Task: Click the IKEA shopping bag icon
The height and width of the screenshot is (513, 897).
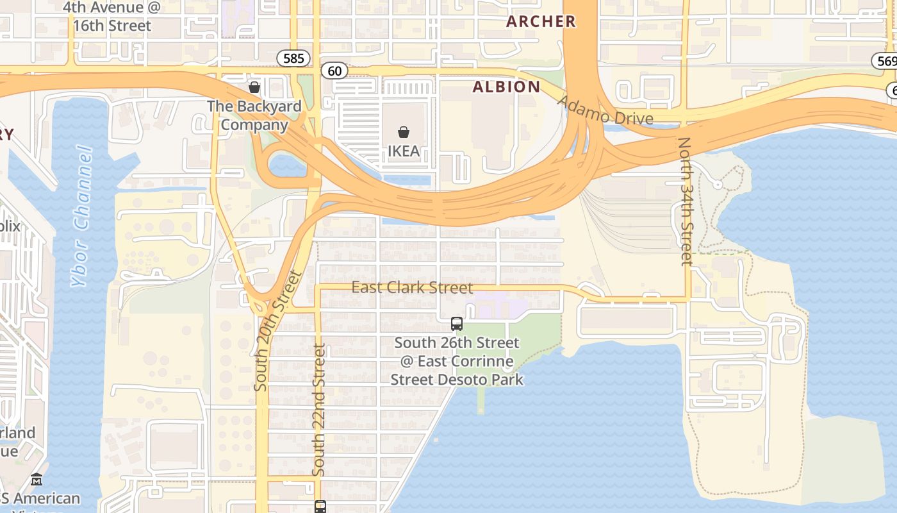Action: tap(404, 132)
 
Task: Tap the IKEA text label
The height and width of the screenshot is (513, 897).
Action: tap(404, 151)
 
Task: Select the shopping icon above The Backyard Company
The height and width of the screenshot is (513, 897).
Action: tap(254, 87)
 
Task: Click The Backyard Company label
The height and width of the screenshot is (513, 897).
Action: tap(254, 115)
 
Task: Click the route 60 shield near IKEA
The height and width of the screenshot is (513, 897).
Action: tap(334, 71)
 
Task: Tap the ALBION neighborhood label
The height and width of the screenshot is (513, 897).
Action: tap(506, 87)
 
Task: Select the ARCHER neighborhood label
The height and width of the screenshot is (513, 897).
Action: tap(541, 22)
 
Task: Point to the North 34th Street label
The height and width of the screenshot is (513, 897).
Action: tap(686, 201)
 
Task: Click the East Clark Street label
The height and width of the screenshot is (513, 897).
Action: tap(412, 287)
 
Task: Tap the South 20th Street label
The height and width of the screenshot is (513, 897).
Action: tap(277, 331)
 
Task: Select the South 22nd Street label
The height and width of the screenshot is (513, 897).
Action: tap(318, 410)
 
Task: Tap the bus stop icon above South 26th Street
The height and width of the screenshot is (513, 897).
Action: tap(457, 324)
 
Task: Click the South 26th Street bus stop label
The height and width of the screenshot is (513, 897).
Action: tap(457, 362)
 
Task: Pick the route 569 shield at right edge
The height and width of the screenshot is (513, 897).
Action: tap(885, 61)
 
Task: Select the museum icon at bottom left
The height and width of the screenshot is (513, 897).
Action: tap(37, 480)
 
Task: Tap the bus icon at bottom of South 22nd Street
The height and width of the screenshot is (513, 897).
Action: tap(320, 507)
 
